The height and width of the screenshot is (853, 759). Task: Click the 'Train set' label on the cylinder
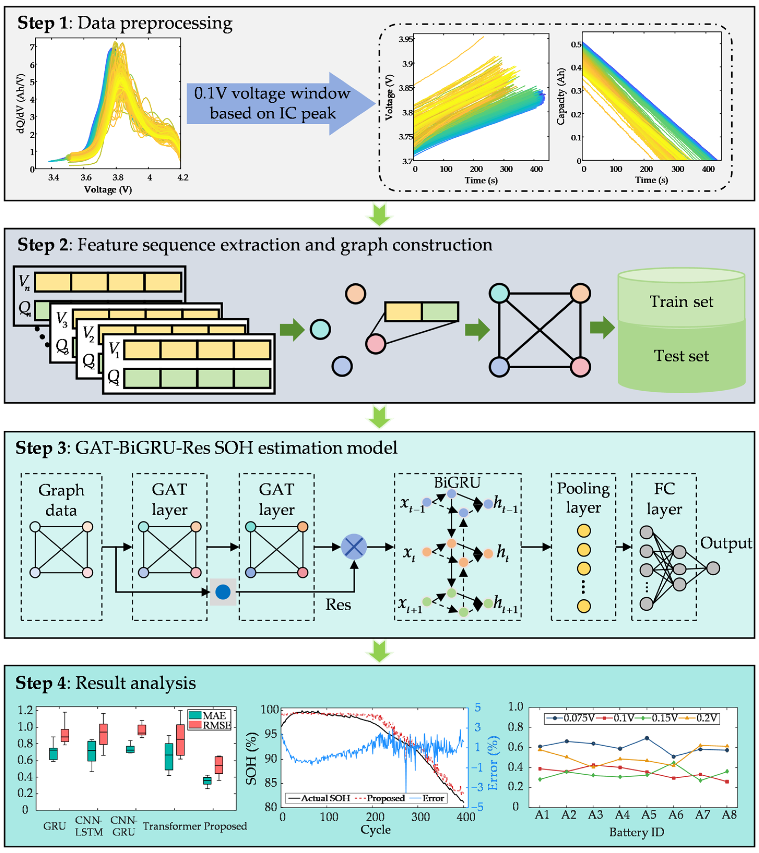coord(681,301)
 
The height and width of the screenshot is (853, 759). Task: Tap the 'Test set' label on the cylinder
coord(681,356)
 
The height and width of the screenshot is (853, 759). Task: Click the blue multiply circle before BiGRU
coord(354,547)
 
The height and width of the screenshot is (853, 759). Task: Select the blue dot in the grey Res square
coord(223,592)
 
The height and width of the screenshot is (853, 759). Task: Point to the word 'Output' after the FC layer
coord(726,543)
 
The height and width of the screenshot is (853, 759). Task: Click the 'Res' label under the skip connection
coord(338,605)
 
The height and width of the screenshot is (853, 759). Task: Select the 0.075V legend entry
coord(571,718)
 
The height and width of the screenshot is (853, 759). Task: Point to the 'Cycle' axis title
coord(375,830)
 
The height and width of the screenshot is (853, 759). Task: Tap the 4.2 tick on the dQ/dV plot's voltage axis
coord(183,178)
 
